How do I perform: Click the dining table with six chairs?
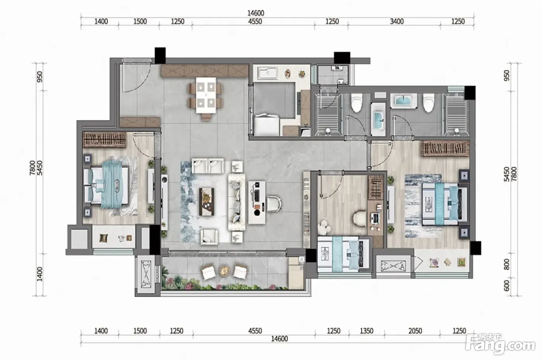coord(206,99)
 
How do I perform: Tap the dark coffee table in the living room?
coord(206,202)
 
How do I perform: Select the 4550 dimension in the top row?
coord(255,22)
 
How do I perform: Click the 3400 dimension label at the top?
coord(396,22)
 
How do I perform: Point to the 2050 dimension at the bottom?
coord(415,331)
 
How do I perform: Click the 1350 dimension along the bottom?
coord(367,331)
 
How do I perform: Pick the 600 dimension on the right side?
coord(506,286)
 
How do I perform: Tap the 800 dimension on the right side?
coord(506,264)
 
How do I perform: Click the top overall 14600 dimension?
coord(256,13)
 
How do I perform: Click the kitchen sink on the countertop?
coord(268,73)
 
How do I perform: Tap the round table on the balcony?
coord(225,271)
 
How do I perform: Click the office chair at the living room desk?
coord(274,204)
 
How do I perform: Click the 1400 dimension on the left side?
coord(39,274)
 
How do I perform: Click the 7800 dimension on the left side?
coord(33,168)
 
